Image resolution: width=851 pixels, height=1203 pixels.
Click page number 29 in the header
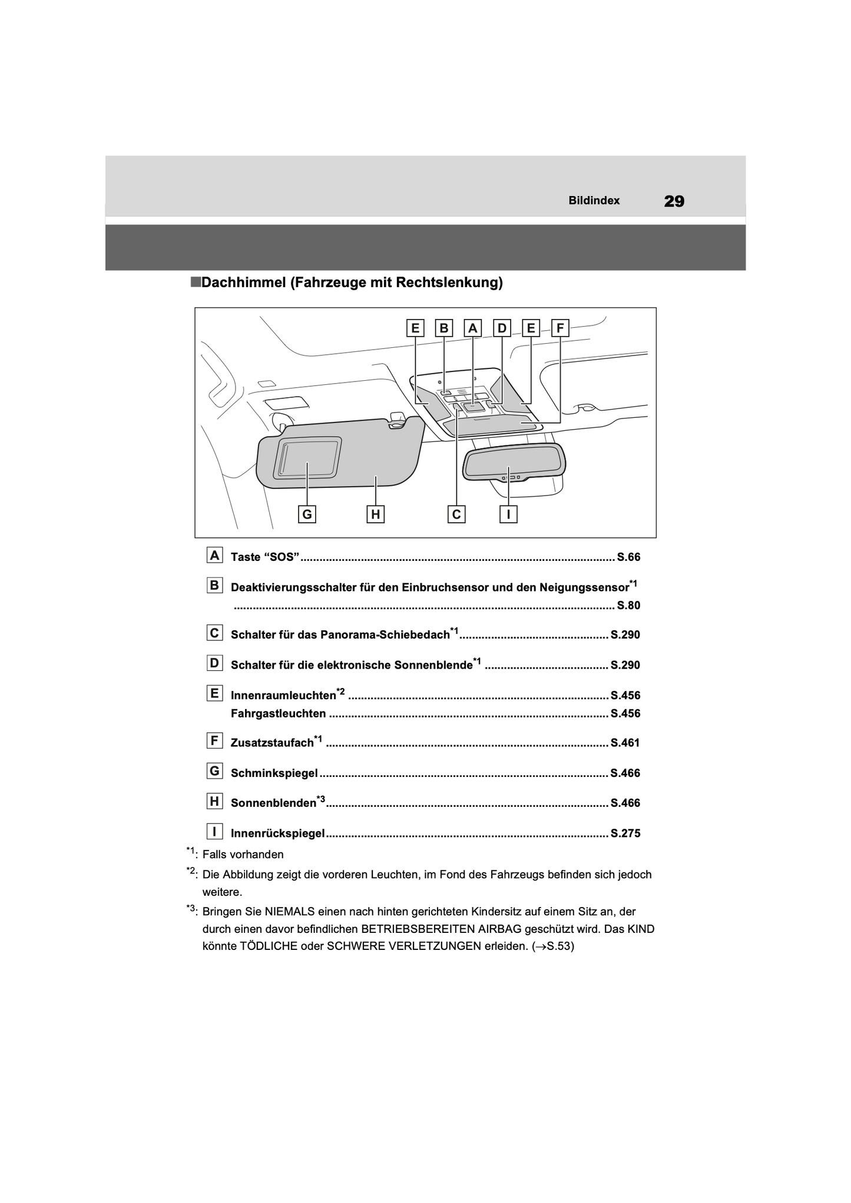(x=674, y=201)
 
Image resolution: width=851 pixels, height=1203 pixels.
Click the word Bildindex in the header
(x=594, y=201)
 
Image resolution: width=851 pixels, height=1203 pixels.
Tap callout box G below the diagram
(x=307, y=514)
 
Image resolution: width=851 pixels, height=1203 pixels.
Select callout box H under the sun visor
(x=375, y=514)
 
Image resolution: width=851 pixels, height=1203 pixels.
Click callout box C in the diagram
(x=456, y=514)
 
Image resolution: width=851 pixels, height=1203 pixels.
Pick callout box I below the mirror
(x=508, y=514)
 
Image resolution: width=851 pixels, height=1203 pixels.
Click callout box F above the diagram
(x=559, y=328)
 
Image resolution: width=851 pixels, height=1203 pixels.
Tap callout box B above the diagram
(x=444, y=328)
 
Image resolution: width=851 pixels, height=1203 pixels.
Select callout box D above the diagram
(x=502, y=328)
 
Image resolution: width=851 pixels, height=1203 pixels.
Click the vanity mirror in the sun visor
(x=308, y=457)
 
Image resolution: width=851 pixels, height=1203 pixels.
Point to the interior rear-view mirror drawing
(x=514, y=462)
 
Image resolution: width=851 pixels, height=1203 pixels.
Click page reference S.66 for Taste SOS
(x=628, y=557)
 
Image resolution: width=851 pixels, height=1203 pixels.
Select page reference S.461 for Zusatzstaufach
(x=625, y=743)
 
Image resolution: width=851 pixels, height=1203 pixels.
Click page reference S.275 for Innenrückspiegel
(x=625, y=833)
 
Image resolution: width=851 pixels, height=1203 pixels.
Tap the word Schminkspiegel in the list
(x=274, y=773)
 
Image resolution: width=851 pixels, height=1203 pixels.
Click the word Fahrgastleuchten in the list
(x=278, y=714)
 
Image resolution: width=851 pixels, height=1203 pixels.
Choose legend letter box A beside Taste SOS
(x=214, y=556)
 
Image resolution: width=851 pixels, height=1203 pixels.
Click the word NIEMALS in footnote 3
(x=292, y=912)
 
